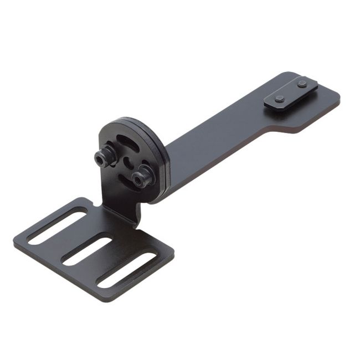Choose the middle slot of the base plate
click(x=86, y=250)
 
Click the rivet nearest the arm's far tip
click(x=302, y=84)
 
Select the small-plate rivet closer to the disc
click(x=280, y=99)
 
